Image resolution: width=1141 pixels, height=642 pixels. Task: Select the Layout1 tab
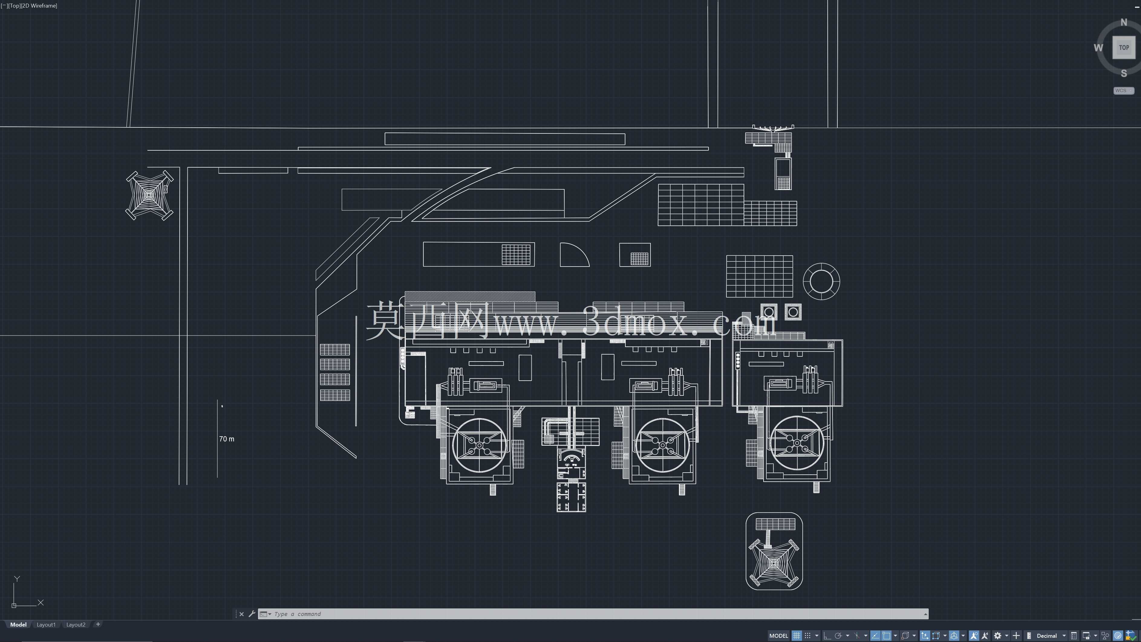(x=46, y=624)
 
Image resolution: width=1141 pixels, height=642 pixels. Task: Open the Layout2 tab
(x=76, y=624)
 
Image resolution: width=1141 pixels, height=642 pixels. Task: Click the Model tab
(x=18, y=624)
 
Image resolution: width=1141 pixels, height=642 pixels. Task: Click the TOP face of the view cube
(x=1124, y=47)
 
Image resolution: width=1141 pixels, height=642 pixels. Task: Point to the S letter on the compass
(x=1124, y=73)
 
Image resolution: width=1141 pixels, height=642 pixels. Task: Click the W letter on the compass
(x=1098, y=48)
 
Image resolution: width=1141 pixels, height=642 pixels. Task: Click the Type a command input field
(x=594, y=614)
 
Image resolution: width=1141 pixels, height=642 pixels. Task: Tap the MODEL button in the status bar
(x=778, y=635)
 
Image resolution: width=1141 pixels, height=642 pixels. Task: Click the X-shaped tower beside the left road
(x=149, y=195)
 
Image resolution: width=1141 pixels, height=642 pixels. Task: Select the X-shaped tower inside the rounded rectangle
(x=774, y=563)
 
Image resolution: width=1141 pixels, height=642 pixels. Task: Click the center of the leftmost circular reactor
(x=479, y=445)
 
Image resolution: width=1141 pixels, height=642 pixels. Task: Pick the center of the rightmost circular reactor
(x=797, y=442)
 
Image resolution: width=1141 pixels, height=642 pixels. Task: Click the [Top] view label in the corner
(x=14, y=6)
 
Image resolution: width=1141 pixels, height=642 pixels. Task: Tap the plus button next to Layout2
(x=98, y=624)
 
